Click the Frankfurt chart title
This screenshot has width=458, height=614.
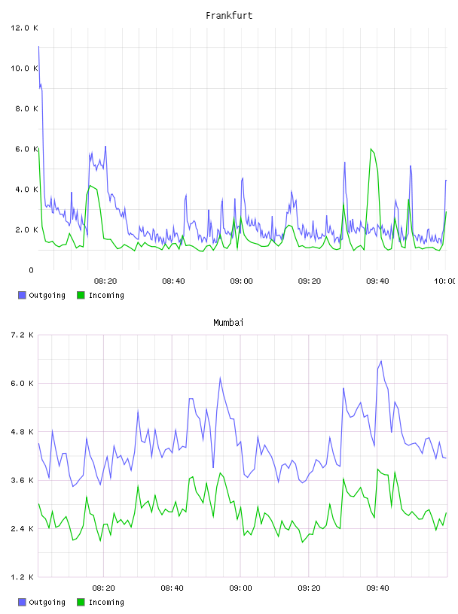click(229, 16)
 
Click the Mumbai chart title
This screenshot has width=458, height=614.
click(228, 323)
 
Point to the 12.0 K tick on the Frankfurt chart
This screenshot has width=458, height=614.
click(24, 28)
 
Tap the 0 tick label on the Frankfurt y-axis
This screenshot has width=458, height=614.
click(32, 270)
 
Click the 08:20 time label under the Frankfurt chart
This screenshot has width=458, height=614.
click(105, 281)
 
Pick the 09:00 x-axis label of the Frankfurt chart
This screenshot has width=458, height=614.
click(242, 281)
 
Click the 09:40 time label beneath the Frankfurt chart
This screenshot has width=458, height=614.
click(377, 281)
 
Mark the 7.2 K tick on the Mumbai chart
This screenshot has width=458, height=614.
click(23, 335)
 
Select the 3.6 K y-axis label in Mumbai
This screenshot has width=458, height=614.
click(23, 480)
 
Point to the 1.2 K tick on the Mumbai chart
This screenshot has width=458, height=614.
click(23, 577)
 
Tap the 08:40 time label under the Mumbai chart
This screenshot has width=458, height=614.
click(173, 588)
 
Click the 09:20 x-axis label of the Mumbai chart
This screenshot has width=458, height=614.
click(309, 588)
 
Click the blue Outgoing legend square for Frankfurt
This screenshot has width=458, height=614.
click(22, 295)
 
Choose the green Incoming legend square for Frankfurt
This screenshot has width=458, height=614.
click(81, 295)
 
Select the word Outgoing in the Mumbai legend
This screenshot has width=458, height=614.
click(47, 602)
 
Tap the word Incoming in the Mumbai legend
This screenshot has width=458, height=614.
click(106, 602)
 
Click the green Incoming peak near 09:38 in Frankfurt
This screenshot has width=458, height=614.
click(371, 149)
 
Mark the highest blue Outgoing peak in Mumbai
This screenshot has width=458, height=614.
click(381, 361)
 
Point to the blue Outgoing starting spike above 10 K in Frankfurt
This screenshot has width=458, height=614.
click(39, 47)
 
